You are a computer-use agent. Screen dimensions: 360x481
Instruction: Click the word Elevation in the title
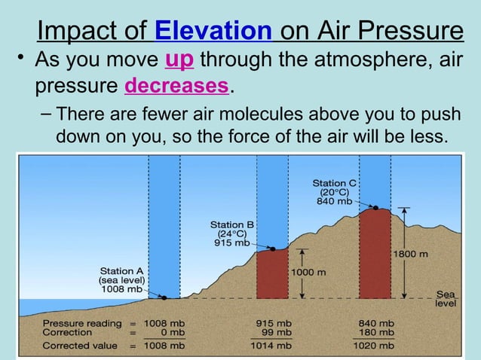213,32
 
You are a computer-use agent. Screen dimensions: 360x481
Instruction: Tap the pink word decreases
176,87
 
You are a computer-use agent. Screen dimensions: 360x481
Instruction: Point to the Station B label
231,224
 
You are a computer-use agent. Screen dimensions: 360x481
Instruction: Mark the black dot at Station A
164,297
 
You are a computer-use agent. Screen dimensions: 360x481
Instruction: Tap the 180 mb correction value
377,331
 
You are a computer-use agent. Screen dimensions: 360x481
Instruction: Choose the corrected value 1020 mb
375,346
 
